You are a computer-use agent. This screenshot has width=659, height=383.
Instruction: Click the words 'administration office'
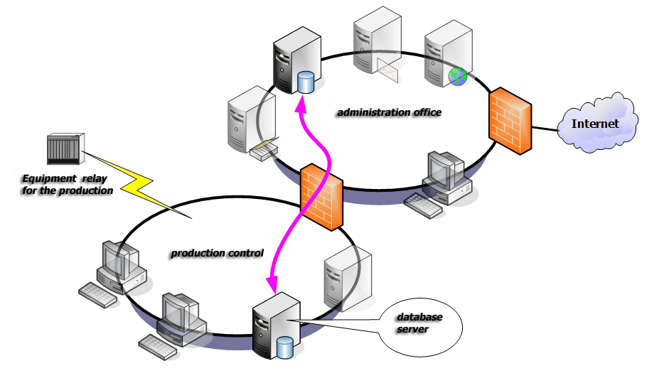pyautogui.click(x=389, y=112)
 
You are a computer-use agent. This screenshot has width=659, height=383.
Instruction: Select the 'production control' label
pyautogui.click(x=217, y=253)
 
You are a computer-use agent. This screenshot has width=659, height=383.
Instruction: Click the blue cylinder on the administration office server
pyautogui.click(x=306, y=82)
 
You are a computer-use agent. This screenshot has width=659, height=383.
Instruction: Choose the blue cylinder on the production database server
pyautogui.click(x=284, y=347)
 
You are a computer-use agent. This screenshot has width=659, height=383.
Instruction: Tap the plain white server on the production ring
pyautogui.click(x=346, y=277)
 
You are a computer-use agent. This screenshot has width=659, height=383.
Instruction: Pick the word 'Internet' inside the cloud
pyautogui.click(x=596, y=124)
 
